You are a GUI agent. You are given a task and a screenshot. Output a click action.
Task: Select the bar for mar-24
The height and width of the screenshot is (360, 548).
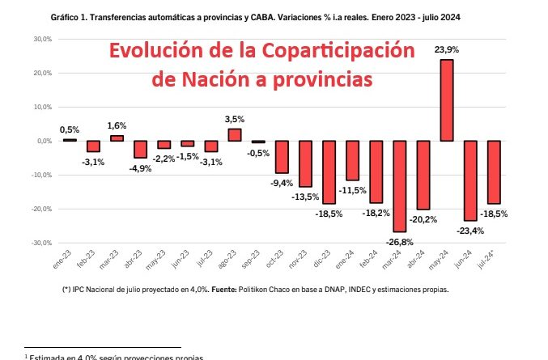[x=399, y=185]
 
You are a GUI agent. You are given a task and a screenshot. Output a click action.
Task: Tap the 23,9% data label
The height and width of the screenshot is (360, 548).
[x=448, y=49]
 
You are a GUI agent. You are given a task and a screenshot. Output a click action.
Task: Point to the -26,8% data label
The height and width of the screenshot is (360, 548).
[x=398, y=241]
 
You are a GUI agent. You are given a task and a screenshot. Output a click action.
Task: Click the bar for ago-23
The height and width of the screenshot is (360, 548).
[x=234, y=134]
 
